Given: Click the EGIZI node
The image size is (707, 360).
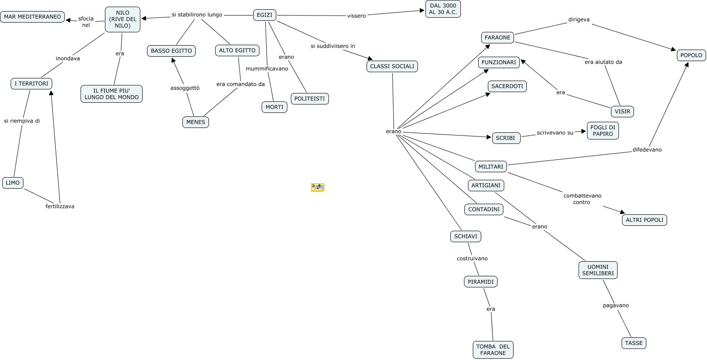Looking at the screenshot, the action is click(x=264, y=15).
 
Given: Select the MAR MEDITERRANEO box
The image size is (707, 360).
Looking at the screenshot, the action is click(x=32, y=17).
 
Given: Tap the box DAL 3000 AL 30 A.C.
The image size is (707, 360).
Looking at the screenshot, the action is click(x=443, y=9).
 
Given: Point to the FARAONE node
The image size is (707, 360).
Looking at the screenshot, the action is click(x=498, y=38).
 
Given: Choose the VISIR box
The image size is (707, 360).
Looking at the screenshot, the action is click(x=622, y=112).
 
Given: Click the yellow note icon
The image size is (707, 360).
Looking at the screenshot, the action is click(x=317, y=187).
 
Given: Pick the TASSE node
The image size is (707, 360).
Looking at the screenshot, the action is click(x=634, y=343).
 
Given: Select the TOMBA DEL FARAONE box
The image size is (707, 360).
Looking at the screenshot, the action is click(x=493, y=349).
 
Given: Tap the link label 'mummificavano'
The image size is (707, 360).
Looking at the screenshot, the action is click(x=267, y=69).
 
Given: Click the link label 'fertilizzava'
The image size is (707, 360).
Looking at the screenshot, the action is click(x=60, y=206).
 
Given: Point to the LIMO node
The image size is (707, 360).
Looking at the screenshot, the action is click(x=13, y=183).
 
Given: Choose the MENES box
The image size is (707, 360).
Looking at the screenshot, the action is click(x=196, y=122).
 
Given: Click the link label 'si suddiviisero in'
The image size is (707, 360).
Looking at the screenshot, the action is click(x=332, y=46).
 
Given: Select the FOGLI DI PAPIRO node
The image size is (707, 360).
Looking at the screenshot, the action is click(x=603, y=131).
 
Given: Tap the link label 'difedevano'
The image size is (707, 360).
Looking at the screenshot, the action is click(x=647, y=150).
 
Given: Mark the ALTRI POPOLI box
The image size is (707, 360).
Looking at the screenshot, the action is click(x=645, y=220).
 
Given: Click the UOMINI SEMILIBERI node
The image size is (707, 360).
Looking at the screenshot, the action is click(x=598, y=270).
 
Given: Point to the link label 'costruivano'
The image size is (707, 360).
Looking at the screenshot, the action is click(x=472, y=258).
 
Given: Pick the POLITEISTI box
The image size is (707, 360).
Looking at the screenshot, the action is click(x=309, y=99).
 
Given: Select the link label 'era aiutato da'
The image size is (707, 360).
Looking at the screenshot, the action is click(x=603, y=62).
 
